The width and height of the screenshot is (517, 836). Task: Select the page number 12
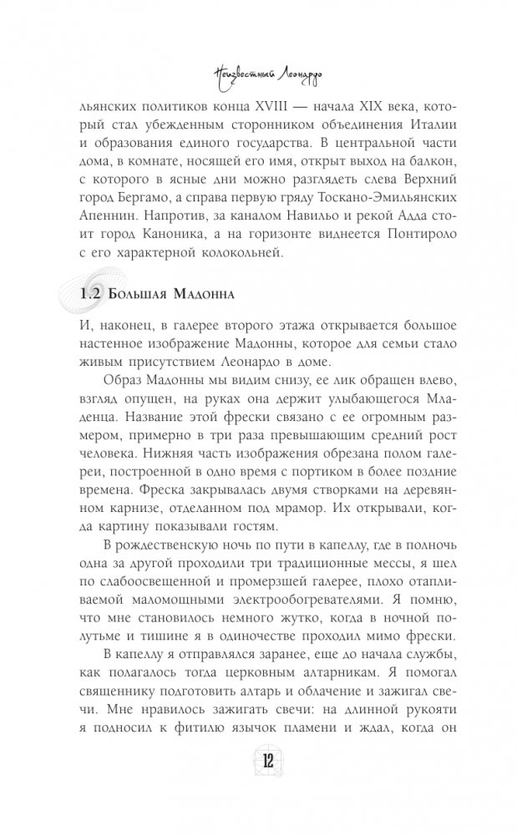pos(257,787)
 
